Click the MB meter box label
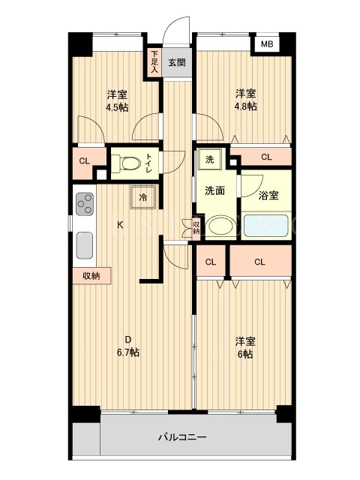(x=267, y=44)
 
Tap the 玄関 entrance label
(x=177, y=63)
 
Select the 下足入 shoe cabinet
(x=154, y=62)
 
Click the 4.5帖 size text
(x=117, y=107)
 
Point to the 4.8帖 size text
(x=245, y=106)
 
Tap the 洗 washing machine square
(x=209, y=159)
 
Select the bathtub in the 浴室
(x=266, y=226)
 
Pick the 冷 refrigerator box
(x=143, y=197)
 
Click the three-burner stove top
(x=85, y=203)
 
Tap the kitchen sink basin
(x=84, y=245)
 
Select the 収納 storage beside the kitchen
(x=91, y=276)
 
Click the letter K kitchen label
(x=120, y=225)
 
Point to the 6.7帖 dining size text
(x=128, y=352)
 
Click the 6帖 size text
(x=245, y=354)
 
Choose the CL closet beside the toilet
(x=85, y=160)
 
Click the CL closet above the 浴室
(x=266, y=157)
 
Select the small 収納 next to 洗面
(x=196, y=227)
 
